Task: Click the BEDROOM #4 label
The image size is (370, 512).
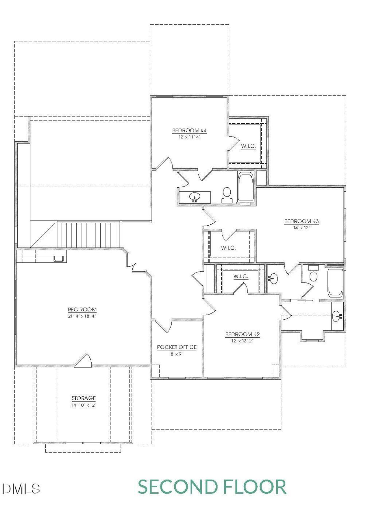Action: pyautogui.click(x=189, y=131)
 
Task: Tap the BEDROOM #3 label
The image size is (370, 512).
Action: pyautogui.click(x=301, y=222)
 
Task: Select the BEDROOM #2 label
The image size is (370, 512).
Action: pyautogui.click(x=243, y=334)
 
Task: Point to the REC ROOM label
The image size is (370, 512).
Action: pyautogui.click(x=82, y=310)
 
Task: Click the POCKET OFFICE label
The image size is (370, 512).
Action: pyautogui.click(x=177, y=347)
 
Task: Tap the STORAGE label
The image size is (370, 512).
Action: pyautogui.click(x=84, y=398)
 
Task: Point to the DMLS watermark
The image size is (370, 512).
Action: pyautogui.click(x=21, y=489)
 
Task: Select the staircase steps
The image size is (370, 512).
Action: pyautogui.click(x=88, y=235)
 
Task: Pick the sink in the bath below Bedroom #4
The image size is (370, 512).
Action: pyautogui.click(x=195, y=197)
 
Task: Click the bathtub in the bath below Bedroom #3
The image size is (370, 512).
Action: pyautogui.click(x=335, y=283)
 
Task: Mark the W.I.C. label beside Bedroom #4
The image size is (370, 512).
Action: pyautogui.click(x=248, y=146)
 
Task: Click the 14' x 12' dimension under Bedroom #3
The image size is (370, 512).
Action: pyautogui.click(x=301, y=228)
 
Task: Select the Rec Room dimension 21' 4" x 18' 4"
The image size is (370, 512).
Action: pyautogui.click(x=82, y=316)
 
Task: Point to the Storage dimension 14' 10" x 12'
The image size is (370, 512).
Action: pyautogui.click(x=84, y=405)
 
